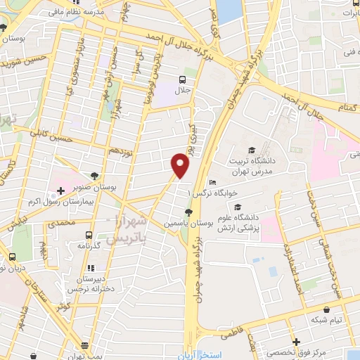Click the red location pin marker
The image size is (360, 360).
181,166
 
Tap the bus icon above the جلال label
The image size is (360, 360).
182,79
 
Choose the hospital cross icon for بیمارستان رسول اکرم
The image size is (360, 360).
60,190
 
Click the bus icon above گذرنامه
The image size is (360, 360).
88,236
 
